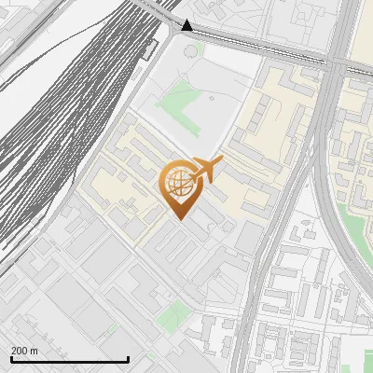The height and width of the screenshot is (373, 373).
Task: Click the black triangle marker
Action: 188,26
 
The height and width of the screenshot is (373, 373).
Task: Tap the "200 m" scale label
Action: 24,351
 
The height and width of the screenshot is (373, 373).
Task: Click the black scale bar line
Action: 70,359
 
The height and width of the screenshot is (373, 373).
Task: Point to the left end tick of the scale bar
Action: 12,358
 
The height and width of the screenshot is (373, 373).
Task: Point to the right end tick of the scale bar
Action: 128,358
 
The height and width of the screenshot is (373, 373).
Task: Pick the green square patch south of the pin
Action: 171,318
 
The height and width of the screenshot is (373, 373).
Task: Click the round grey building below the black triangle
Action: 192,49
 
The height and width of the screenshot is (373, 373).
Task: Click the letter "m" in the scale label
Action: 34,351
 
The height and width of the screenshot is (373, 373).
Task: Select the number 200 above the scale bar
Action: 20,351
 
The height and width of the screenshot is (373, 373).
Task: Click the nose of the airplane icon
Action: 221,164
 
